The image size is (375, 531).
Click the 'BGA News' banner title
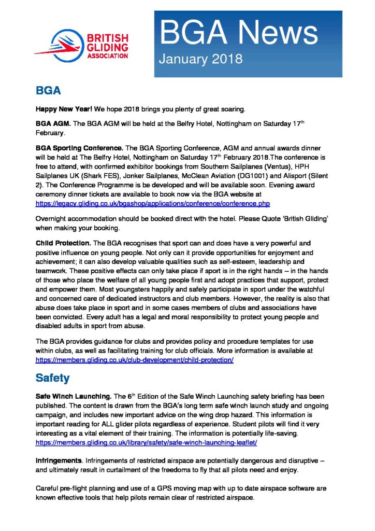coord(238,33)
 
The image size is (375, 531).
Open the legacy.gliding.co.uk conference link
coord(152,204)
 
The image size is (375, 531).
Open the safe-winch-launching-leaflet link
coord(146,443)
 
